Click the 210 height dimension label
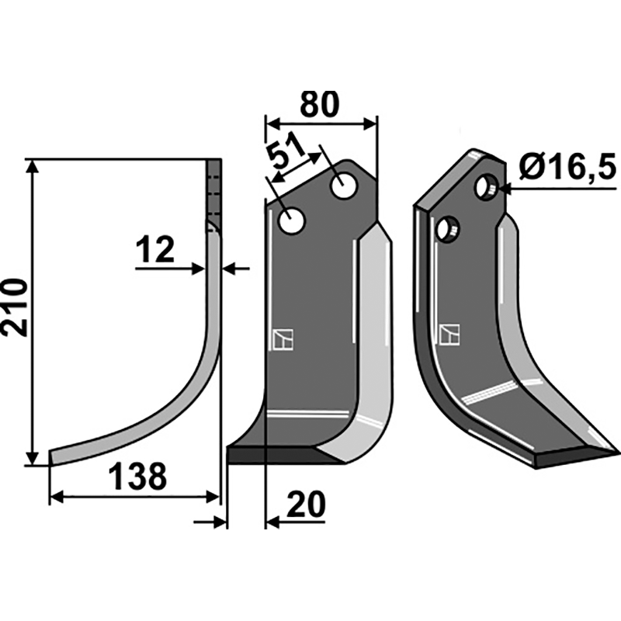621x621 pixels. [14, 307]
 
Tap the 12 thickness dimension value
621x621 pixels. [154, 249]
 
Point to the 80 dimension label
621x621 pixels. [319, 105]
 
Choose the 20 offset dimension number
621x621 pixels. [305, 505]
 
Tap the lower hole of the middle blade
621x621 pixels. [292, 221]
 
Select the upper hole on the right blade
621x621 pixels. [487, 187]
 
